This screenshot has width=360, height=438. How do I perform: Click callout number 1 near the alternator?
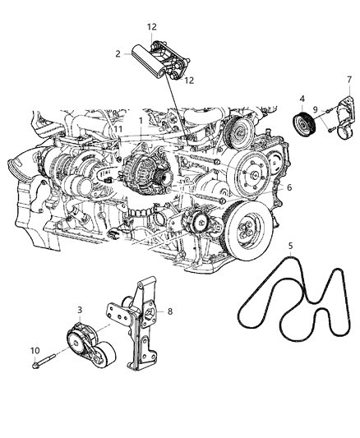141,120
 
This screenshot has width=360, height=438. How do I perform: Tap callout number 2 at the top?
118,53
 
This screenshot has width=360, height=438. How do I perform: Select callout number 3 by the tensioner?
79,310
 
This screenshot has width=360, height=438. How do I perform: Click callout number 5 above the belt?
288,245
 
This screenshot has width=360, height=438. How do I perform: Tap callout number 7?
348,79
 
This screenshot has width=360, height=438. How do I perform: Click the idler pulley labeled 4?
305,129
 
